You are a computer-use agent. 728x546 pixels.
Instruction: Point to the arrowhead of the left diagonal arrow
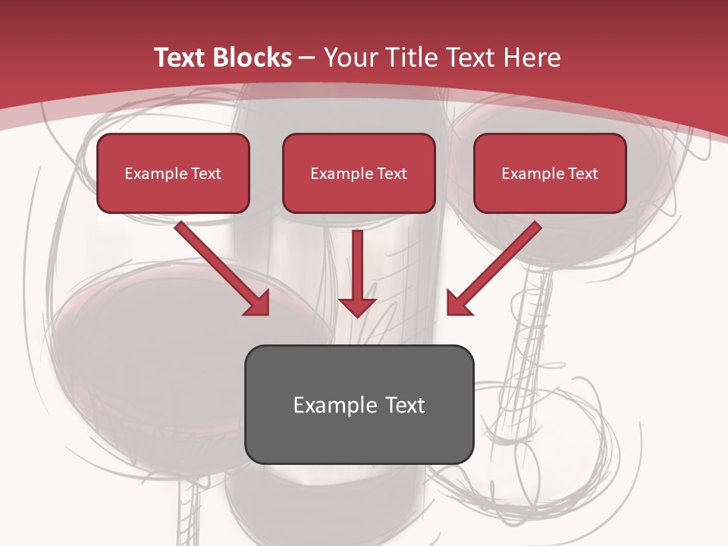258,303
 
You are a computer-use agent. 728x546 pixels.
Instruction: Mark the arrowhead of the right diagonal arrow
458,303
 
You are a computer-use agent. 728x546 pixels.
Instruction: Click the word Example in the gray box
325,405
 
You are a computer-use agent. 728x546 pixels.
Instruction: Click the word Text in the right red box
583,174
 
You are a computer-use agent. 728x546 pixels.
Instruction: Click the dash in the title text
307,58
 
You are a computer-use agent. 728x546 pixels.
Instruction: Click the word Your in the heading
348,58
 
